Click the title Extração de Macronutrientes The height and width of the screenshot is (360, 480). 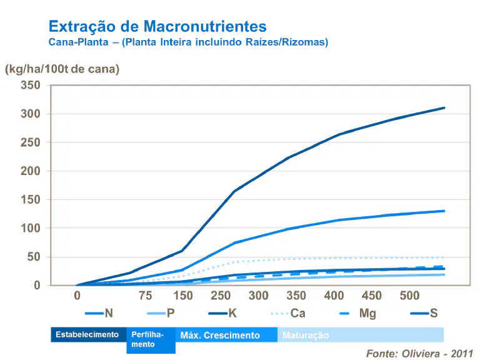coord(157,26)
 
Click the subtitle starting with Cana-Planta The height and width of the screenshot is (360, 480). coord(188,42)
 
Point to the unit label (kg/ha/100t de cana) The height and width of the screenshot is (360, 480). coord(62,69)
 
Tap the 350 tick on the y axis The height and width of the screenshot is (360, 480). coord(30,86)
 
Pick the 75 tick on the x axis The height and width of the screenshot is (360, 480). coord(145,296)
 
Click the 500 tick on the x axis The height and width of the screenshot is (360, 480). coord(409,296)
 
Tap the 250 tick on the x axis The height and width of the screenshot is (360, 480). coord(221,296)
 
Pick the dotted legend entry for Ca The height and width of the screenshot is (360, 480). coord(287,313)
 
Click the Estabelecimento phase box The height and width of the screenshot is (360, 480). coord(87,335)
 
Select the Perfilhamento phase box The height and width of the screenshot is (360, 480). coord(151,340)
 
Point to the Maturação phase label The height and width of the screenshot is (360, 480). coord(306,336)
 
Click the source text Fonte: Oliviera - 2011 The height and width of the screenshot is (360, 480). coord(419,353)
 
